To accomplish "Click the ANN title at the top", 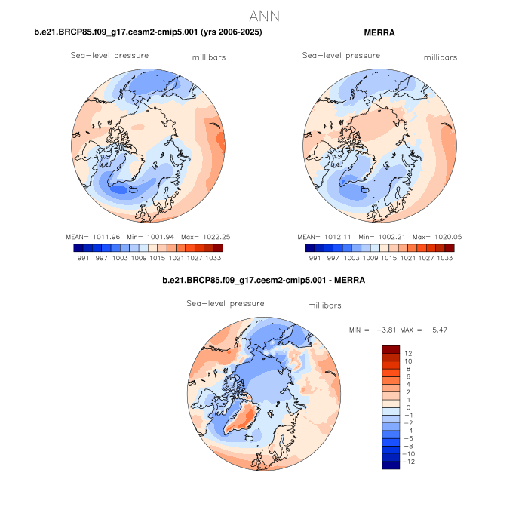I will click(264, 16).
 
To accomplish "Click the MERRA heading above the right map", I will click(379, 33).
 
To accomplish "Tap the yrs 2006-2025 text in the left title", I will click(229, 33).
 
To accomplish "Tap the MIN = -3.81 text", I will click(370, 330).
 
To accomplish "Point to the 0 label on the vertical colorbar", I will click(409, 407).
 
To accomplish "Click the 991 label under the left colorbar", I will click(83, 257).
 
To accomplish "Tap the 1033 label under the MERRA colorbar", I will click(444, 257).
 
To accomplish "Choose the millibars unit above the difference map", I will click(325, 305).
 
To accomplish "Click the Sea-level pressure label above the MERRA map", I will click(341, 55).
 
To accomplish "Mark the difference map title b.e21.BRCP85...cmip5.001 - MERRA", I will click(263, 280).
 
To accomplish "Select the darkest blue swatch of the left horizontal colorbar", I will click(78, 247).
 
